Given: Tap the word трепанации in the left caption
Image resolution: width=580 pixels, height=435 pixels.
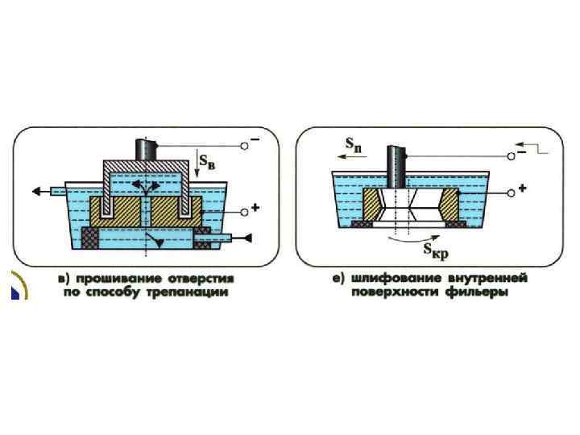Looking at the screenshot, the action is point(188,292).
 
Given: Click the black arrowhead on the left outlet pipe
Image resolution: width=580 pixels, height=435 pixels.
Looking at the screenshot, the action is point(38,191).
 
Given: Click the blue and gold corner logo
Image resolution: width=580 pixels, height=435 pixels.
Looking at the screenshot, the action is point(17,285).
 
